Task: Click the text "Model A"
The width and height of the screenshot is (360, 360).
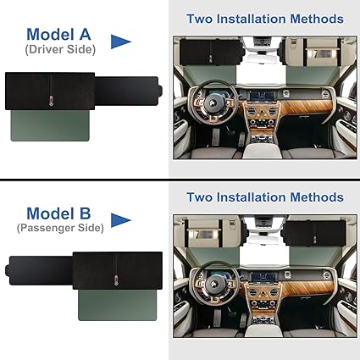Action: [x=58, y=35]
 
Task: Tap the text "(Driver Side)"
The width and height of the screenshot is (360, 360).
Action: [x=60, y=50]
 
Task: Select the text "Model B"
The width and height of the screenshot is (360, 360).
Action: [x=58, y=213]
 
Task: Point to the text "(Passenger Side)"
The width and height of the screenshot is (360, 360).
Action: [x=60, y=228]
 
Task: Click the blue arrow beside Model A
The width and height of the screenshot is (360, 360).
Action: [x=121, y=42]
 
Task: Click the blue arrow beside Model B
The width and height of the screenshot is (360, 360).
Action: [x=121, y=220]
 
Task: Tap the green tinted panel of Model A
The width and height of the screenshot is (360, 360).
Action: [x=50, y=125]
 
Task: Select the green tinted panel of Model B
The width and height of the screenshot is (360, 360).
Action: [x=118, y=305]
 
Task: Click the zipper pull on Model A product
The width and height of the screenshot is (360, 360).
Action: [x=51, y=101]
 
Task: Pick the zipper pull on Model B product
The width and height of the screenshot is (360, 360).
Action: [x=116, y=280]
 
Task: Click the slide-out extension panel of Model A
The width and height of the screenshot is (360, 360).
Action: [x=129, y=91]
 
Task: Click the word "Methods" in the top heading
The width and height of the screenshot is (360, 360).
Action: [x=317, y=19]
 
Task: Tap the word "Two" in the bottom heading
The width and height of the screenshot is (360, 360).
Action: [x=199, y=197]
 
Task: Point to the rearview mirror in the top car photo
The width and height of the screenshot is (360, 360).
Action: [x=262, y=58]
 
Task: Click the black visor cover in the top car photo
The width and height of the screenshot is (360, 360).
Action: [x=211, y=53]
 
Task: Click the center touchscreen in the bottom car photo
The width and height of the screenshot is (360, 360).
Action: [x=263, y=278]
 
